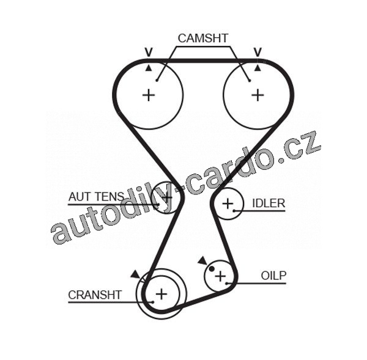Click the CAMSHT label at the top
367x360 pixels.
(x=202, y=38)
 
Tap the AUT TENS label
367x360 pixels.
(x=96, y=197)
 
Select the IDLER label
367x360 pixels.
(x=269, y=203)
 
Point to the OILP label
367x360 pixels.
(x=273, y=276)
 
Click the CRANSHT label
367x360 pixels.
(x=95, y=295)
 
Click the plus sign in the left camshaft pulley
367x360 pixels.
(x=149, y=95)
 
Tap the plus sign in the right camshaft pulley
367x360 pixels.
(x=258, y=95)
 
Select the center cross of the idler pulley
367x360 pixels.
(x=228, y=204)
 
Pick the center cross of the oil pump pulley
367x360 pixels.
(x=220, y=276)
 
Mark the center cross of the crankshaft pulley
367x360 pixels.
(x=161, y=295)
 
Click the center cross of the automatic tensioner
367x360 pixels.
(x=166, y=197)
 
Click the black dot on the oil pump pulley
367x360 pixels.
(x=212, y=268)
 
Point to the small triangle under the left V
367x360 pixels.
(x=148, y=67)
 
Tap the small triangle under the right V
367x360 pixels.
(x=258, y=67)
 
